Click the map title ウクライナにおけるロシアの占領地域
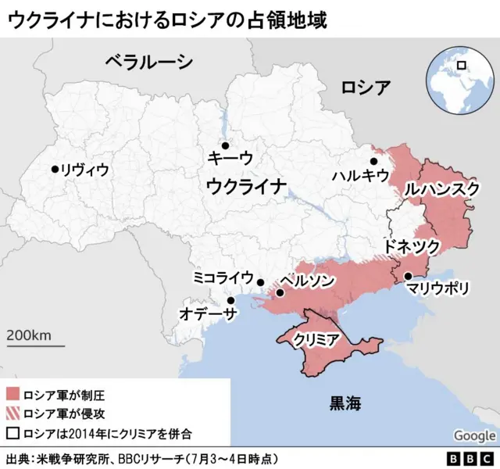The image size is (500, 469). (x=166, y=19)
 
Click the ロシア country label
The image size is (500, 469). (x=366, y=87)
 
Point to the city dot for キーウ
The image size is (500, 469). (x=224, y=145)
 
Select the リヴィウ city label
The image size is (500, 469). (x=85, y=169)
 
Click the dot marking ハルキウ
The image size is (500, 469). (x=373, y=161)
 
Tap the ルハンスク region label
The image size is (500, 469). (x=441, y=190)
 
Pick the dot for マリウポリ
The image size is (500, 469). (x=408, y=275)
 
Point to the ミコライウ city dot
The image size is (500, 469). (x=261, y=283)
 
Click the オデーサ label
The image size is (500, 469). (x=208, y=313)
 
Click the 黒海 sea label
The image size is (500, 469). (x=345, y=403)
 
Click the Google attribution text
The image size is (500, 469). (x=474, y=435)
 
